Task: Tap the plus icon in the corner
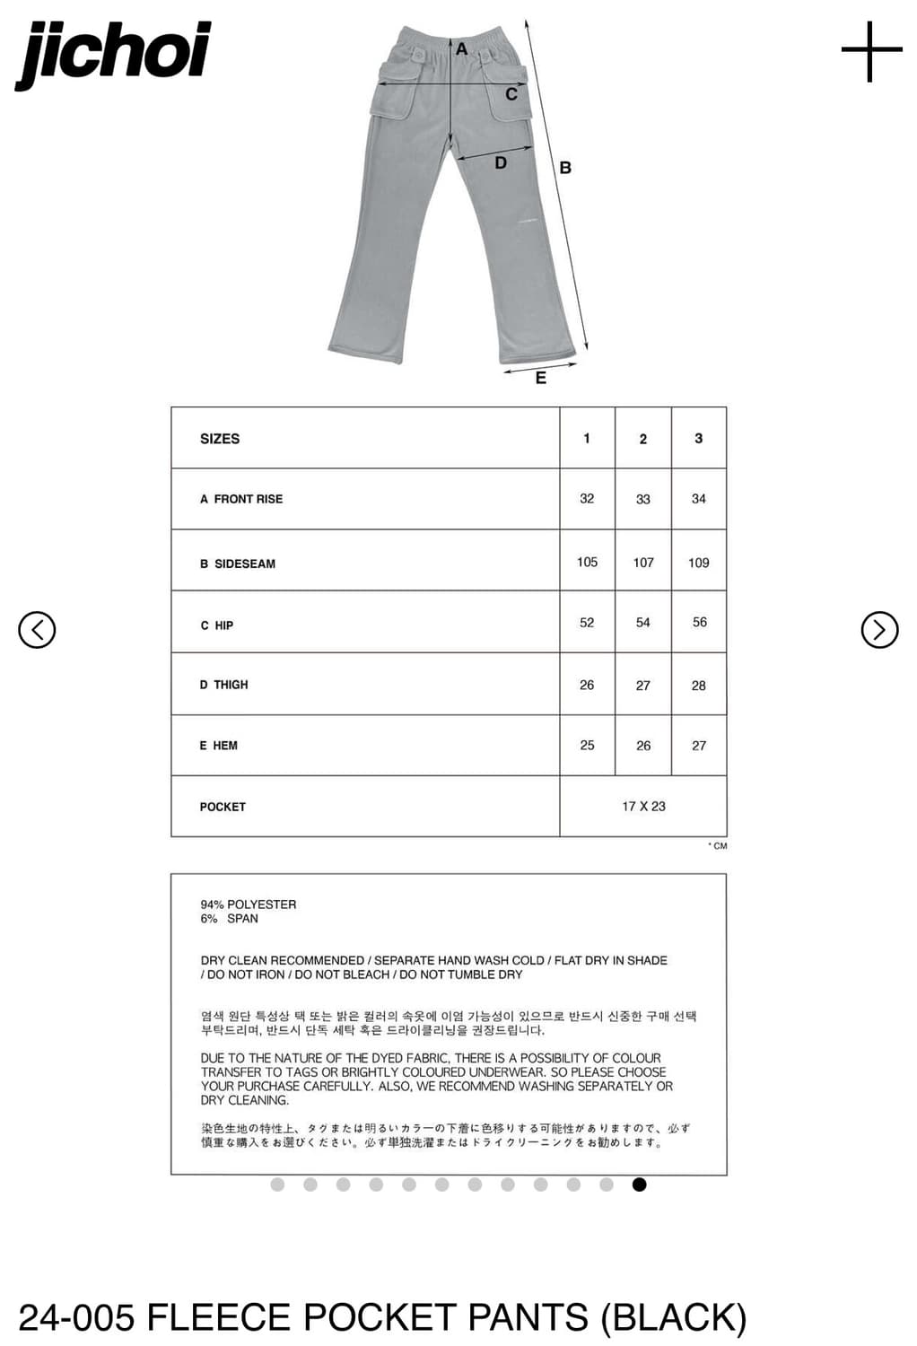tap(871, 51)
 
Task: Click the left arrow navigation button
tap(37, 630)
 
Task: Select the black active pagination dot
tap(639, 1184)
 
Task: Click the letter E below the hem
tap(540, 379)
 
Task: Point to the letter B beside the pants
tap(565, 168)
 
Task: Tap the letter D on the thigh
tap(501, 163)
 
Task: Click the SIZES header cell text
tap(220, 439)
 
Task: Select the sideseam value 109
tap(698, 563)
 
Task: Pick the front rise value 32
tap(587, 499)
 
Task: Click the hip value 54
tap(642, 623)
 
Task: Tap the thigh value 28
tap(698, 686)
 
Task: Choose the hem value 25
tap(587, 746)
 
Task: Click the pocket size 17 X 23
tap(643, 807)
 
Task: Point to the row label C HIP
tap(216, 625)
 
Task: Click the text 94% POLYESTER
tap(249, 905)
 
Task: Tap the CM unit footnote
tap(719, 846)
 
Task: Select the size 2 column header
tap(642, 439)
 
